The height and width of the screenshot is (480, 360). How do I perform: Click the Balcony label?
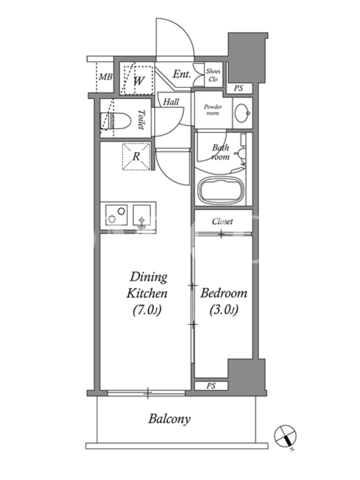(x=169, y=419)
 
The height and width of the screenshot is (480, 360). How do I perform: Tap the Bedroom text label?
(x=224, y=293)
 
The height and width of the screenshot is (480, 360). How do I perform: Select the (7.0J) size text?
(x=147, y=310)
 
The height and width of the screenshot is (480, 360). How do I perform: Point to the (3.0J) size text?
(x=224, y=310)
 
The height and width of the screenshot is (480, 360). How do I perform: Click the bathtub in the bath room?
(x=221, y=191)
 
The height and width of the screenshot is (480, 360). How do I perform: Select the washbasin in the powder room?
(x=242, y=113)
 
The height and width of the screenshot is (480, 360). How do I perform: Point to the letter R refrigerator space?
(x=136, y=157)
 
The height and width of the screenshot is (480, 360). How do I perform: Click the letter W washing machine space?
(x=139, y=81)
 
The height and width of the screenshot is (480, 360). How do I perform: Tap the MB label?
(x=106, y=77)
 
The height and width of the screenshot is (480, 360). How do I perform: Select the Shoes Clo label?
(x=213, y=75)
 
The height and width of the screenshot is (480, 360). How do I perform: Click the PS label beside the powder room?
(x=238, y=88)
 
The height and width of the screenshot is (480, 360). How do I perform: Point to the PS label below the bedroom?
(x=211, y=386)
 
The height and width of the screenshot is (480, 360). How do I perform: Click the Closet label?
(x=223, y=221)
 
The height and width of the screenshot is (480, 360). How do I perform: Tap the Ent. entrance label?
(x=182, y=74)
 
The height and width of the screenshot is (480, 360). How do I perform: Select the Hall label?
(x=171, y=101)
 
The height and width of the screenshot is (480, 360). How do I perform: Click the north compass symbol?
(x=286, y=437)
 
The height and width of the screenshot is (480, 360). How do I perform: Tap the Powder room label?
(x=213, y=110)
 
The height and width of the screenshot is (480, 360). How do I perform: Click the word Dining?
(x=148, y=277)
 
